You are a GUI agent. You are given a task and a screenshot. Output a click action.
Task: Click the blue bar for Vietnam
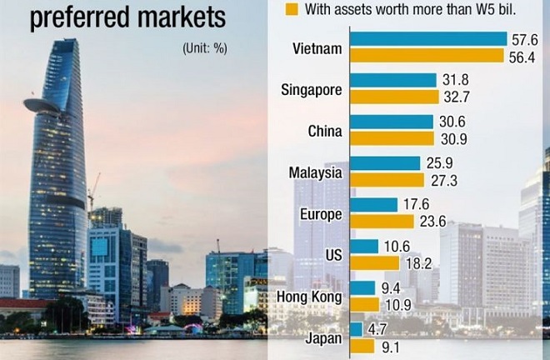(428, 39)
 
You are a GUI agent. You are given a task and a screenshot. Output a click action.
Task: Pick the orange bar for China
(392, 138)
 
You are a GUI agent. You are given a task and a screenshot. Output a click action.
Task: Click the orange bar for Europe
(382, 221)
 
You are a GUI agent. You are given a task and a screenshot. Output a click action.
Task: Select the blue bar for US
(365, 246)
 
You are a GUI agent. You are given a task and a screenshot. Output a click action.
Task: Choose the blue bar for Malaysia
(385, 163)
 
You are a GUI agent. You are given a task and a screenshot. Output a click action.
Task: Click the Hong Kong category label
(312, 295)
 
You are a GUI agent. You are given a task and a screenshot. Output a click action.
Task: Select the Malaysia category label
(315, 172)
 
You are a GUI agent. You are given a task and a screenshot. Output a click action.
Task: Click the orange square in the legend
(291, 9)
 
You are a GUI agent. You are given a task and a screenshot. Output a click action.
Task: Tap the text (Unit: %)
(204, 48)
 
